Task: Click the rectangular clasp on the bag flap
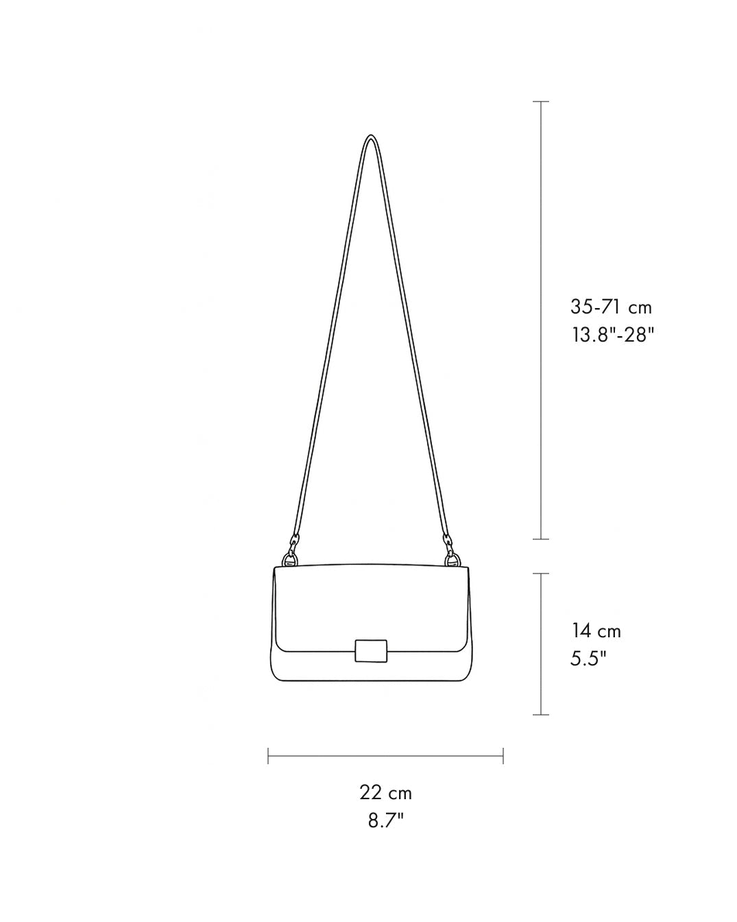371,651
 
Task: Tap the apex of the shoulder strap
371,135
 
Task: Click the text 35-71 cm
611,307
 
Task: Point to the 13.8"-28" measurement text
614,335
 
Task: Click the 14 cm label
596,631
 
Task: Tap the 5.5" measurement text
589,659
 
